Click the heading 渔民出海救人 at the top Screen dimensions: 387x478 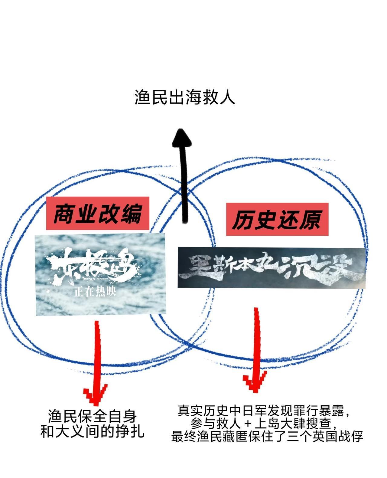[185, 97]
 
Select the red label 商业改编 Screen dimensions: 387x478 [98, 214]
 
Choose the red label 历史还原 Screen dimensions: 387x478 [277, 220]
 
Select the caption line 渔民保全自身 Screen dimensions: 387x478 [93, 417]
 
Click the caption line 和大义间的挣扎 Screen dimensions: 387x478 [93, 431]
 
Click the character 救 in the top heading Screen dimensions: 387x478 [210, 97]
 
